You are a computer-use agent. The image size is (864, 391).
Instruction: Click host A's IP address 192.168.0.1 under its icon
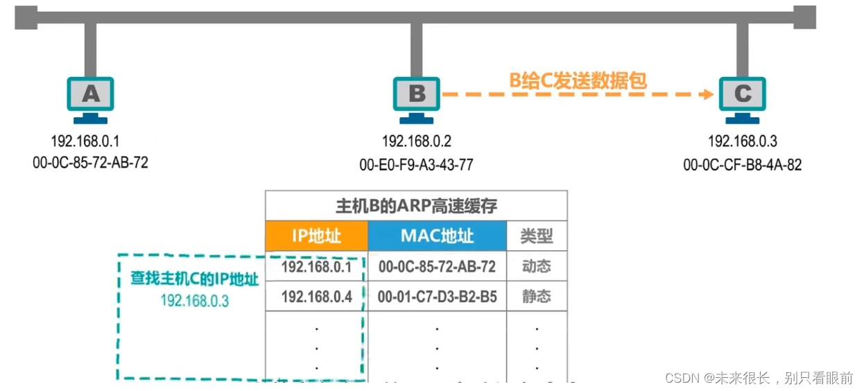point(85,141)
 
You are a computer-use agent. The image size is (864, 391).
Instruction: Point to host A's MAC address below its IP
point(90,163)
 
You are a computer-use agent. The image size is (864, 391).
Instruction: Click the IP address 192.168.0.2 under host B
point(417,141)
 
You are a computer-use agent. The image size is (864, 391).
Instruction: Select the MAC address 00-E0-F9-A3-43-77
point(417,164)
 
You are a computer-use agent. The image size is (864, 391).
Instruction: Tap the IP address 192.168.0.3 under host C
point(743,141)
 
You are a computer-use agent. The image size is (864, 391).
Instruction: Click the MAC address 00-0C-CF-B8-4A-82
point(743,164)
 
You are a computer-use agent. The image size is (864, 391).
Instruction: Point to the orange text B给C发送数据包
point(578,80)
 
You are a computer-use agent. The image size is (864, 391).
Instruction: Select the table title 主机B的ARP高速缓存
point(416,206)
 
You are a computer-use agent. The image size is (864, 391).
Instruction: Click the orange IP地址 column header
point(316,236)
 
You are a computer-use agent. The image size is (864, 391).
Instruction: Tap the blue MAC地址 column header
point(437,236)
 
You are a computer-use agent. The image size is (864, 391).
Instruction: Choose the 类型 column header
point(537,236)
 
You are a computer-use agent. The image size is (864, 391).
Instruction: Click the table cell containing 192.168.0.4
point(316,297)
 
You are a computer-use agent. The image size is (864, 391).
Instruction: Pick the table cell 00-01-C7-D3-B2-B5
point(437,297)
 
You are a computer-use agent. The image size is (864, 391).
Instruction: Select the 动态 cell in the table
point(537,266)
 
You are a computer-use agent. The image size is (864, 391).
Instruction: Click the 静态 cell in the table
point(537,297)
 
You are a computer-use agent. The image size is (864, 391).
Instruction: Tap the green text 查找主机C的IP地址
point(194,279)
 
